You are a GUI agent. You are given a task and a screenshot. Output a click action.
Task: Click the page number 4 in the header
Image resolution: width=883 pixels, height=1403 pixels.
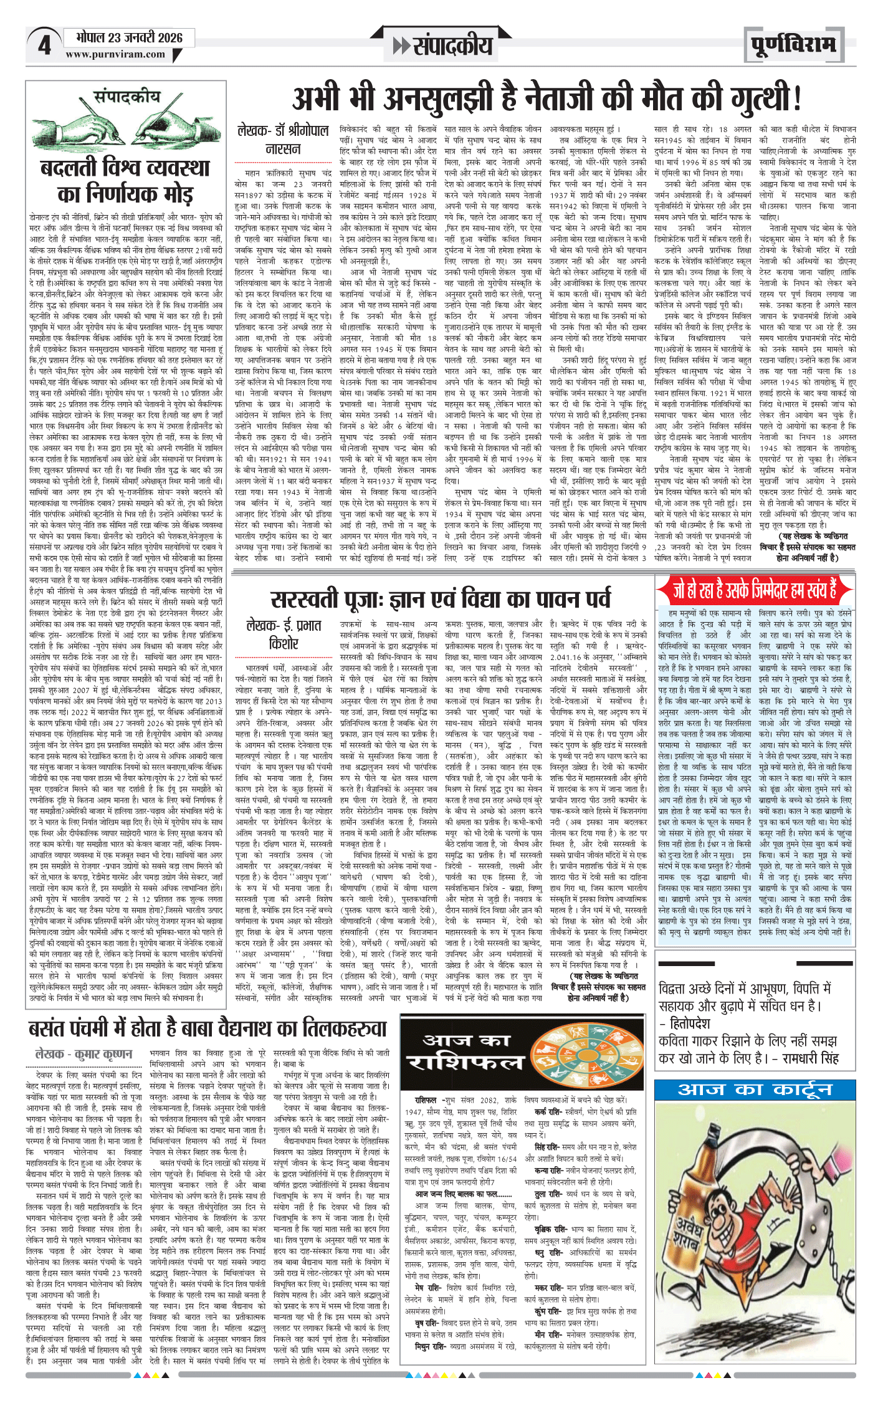44,45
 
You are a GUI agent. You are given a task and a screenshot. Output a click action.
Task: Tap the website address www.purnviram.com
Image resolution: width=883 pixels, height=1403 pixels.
115,55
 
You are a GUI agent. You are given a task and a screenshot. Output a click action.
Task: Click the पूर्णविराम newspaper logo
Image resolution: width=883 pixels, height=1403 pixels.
793,45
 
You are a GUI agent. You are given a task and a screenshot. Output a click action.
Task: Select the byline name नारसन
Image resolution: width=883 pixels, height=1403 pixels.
283,150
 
